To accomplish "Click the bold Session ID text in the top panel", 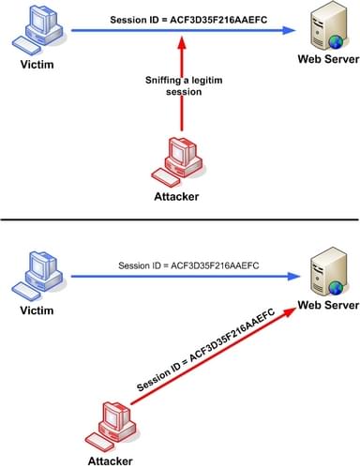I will tap(174, 19).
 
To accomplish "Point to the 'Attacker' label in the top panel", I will tap(174, 197).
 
